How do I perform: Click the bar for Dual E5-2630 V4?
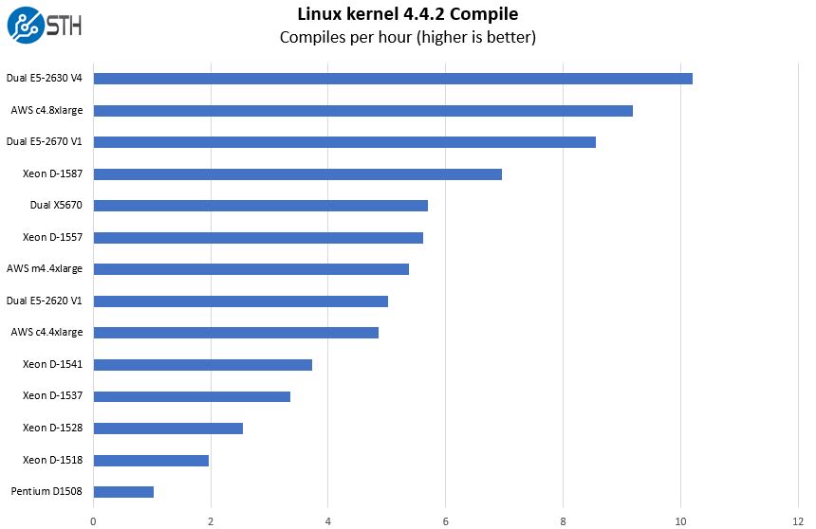(x=393, y=79)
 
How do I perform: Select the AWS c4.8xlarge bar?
(x=362, y=111)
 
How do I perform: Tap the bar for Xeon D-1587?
(x=297, y=174)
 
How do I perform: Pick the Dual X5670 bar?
(x=260, y=206)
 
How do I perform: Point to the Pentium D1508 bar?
(x=123, y=492)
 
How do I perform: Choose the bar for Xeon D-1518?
(x=151, y=461)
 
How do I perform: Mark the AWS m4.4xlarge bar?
(x=250, y=269)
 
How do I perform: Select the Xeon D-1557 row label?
(x=52, y=237)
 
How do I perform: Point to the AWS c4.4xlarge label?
(x=46, y=333)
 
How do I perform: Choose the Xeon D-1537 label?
(x=52, y=396)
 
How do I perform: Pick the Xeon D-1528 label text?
(x=52, y=429)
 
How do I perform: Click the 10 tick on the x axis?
(x=679, y=520)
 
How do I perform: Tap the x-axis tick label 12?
(x=797, y=520)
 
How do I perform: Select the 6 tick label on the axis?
(x=445, y=520)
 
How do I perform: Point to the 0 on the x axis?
(x=93, y=520)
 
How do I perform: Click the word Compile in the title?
(x=487, y=14)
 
